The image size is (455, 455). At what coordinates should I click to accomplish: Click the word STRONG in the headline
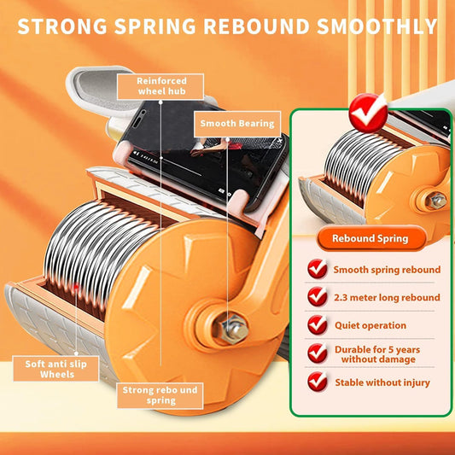62,26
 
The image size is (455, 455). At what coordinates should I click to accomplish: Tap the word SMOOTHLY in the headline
377,26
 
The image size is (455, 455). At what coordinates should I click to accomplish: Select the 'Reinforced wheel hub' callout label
160,86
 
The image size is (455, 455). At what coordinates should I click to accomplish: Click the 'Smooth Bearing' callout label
237,124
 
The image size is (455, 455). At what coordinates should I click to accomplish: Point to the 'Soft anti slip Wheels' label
56,369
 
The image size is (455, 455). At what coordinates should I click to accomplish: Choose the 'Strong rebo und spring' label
160,395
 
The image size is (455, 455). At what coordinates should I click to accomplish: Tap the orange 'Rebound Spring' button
370,238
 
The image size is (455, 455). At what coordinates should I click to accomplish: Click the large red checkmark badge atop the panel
368,113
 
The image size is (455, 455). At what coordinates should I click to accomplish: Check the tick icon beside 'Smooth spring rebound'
318,268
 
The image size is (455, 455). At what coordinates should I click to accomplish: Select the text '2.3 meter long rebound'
387,297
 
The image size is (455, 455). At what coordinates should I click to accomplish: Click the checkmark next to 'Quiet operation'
318,324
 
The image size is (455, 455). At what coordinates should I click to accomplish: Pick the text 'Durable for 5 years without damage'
377,354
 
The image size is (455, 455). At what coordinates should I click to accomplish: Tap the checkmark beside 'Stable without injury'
318,382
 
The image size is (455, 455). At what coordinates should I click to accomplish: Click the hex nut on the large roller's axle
234,329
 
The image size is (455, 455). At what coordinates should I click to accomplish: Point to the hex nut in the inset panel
437,201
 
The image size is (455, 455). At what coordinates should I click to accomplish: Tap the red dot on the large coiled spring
76,288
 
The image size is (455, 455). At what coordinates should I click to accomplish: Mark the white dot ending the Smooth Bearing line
227,140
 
